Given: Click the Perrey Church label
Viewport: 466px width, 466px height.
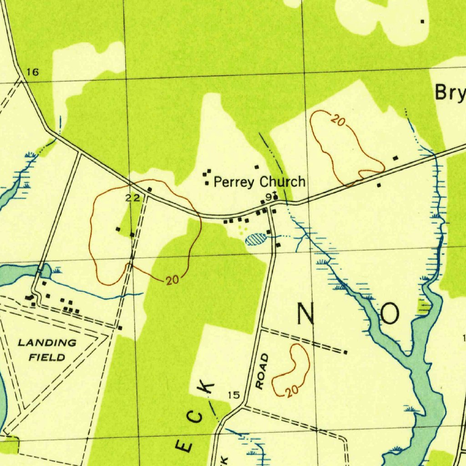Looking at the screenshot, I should point(259,182).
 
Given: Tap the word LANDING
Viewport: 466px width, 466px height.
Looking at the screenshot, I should point(47,343).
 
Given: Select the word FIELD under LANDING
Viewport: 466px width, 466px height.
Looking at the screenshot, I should point(47,357).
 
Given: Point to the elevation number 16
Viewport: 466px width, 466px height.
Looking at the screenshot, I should point(32,72).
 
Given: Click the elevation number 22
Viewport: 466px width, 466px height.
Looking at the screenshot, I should point(132,197).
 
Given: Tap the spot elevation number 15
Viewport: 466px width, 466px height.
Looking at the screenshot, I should point(233,395).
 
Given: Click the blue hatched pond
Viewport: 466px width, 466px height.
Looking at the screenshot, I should point(255,239).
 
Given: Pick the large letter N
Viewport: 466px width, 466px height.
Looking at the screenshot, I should point(306,314).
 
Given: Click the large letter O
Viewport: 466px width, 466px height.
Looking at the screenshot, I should point(390,314).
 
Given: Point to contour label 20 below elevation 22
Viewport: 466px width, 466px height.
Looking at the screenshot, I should point(172,280).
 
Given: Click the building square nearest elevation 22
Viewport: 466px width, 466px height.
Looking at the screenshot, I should point(149,189).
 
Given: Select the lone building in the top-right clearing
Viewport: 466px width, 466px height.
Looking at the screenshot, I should point(422,21).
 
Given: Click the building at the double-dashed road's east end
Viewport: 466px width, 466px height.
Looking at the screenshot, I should point(346,352).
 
